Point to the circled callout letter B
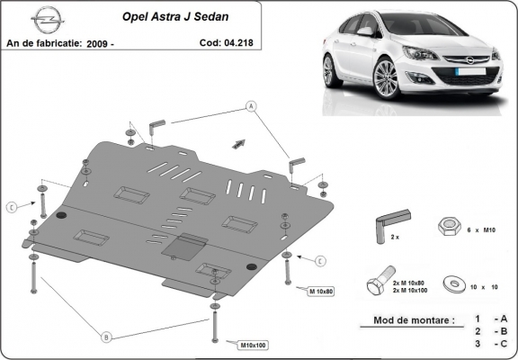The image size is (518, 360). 106,337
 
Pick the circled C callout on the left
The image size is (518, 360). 12,207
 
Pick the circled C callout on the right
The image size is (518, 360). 319,260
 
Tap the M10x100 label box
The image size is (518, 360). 255,344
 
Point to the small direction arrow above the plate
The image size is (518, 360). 239,142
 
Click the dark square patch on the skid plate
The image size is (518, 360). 192,242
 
